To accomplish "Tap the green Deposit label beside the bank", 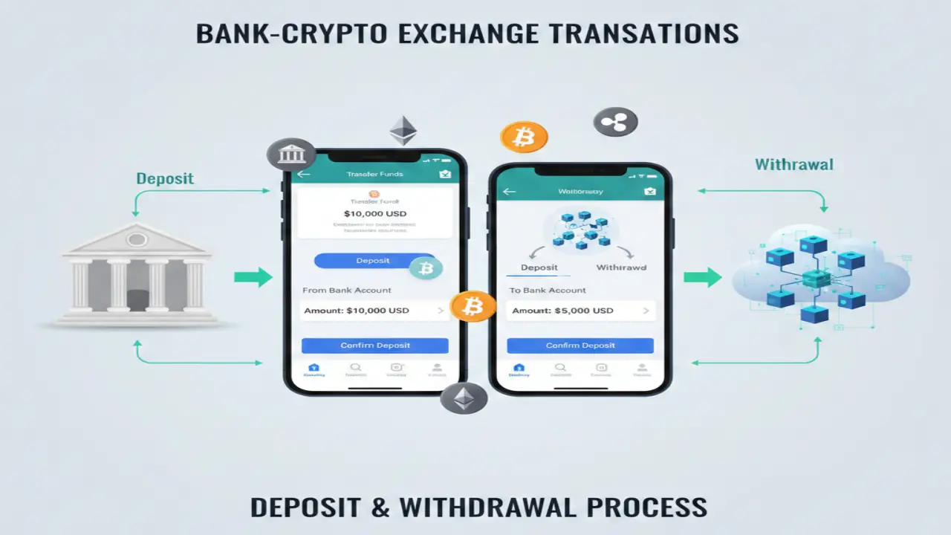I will pos(165,178).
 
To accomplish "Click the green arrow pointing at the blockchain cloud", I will pos(702,278).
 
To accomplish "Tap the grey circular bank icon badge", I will pos(291,155).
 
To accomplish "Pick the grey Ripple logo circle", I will pos(615,123).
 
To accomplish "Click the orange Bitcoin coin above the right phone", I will pos(524,137).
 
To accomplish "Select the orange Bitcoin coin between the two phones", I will pos(473,305).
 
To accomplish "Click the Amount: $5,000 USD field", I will pos(580,311).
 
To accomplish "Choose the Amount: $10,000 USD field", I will pos(374,311).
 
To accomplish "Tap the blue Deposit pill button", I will pos(364,261).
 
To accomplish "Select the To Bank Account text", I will pos(548,290).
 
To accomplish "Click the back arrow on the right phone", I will pos(509,192).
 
